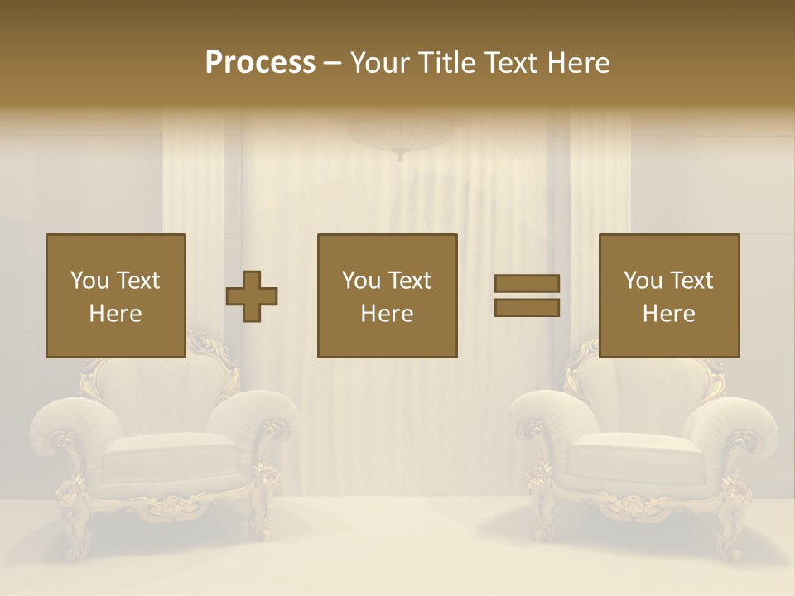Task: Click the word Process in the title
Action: point(260,63)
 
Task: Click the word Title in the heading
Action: point(444,63)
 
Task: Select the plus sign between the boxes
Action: point(252,296)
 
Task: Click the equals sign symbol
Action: point(527,296)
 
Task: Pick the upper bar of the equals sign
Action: point(527,284)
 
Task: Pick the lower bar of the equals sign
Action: point(527,307)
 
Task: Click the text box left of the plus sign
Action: point(116,296)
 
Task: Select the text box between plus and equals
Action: point(388,296)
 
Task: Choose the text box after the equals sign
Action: point(669,296)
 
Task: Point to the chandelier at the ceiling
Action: point(401,132)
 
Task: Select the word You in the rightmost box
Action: point(642,281)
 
